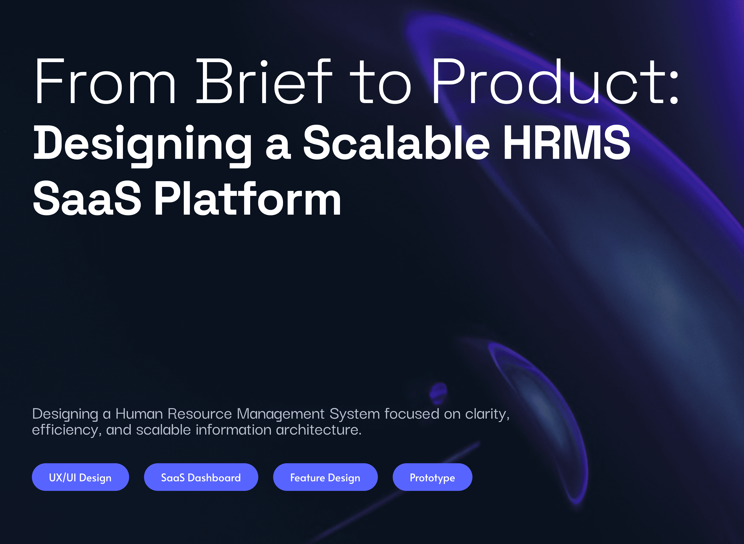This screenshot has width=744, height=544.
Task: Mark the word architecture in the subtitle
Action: [318, 430]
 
